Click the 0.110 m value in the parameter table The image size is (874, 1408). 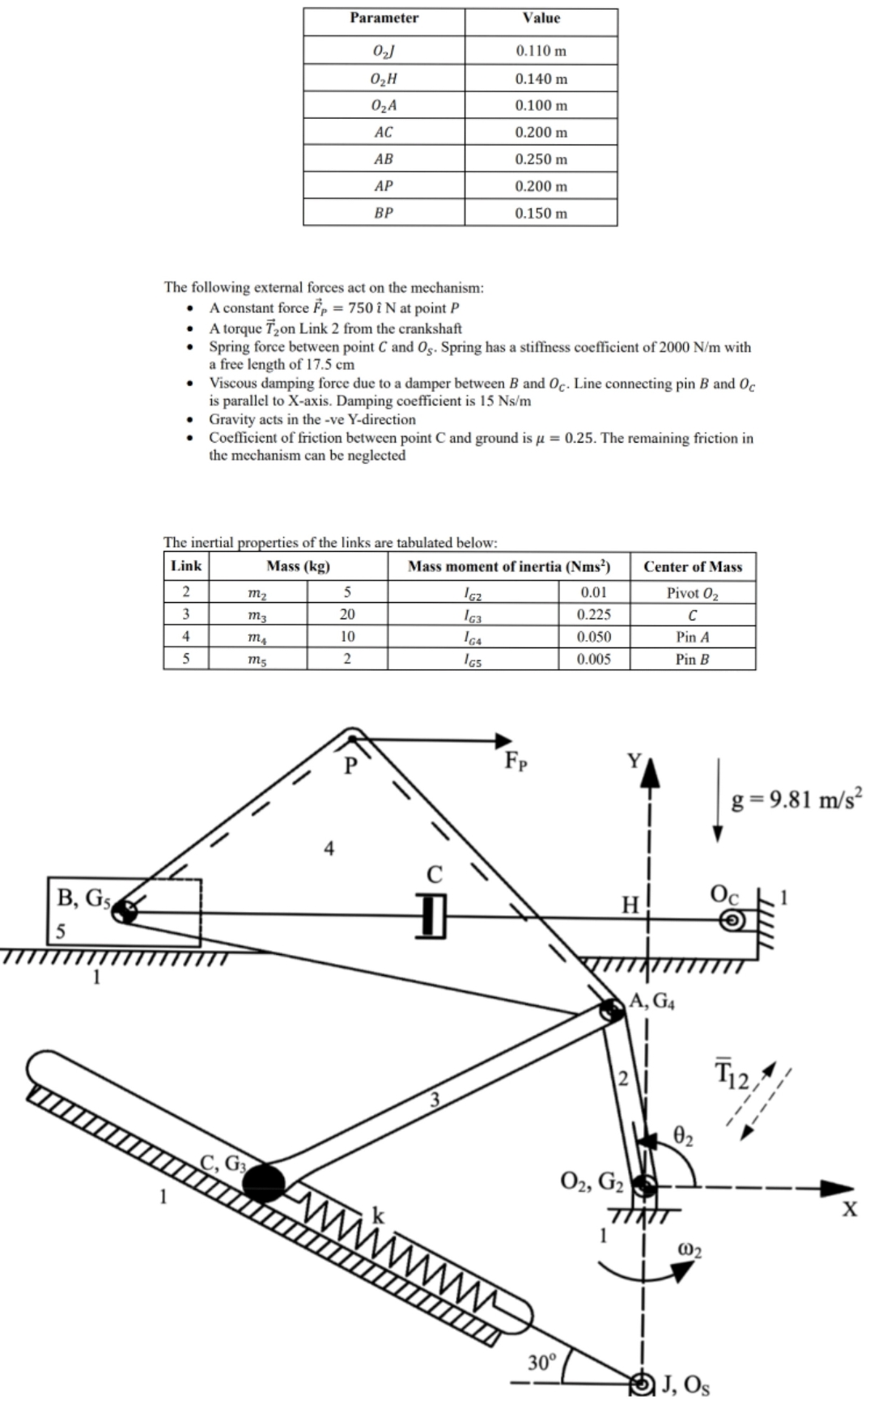pos(541,51)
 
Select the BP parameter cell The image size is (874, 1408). pos(384,213)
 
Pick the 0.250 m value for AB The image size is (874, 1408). pos(541,159)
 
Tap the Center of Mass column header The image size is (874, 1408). pos(692,566)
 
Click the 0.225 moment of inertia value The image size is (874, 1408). pos(593,614)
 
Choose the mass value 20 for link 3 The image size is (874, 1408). pos(347,614)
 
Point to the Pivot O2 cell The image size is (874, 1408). pos(692,592)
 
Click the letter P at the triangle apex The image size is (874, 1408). pos(350,765)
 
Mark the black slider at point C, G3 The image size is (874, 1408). pos(265,1182)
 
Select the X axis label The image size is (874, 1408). pos(848,1210)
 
